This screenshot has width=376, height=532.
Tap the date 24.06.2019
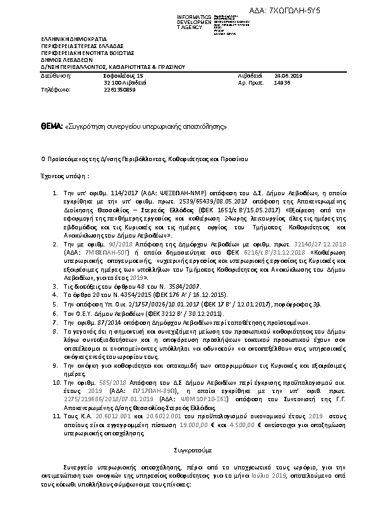(289, 75)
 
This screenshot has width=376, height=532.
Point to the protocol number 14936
(282, 82)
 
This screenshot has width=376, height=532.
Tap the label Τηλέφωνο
(54, 89)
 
